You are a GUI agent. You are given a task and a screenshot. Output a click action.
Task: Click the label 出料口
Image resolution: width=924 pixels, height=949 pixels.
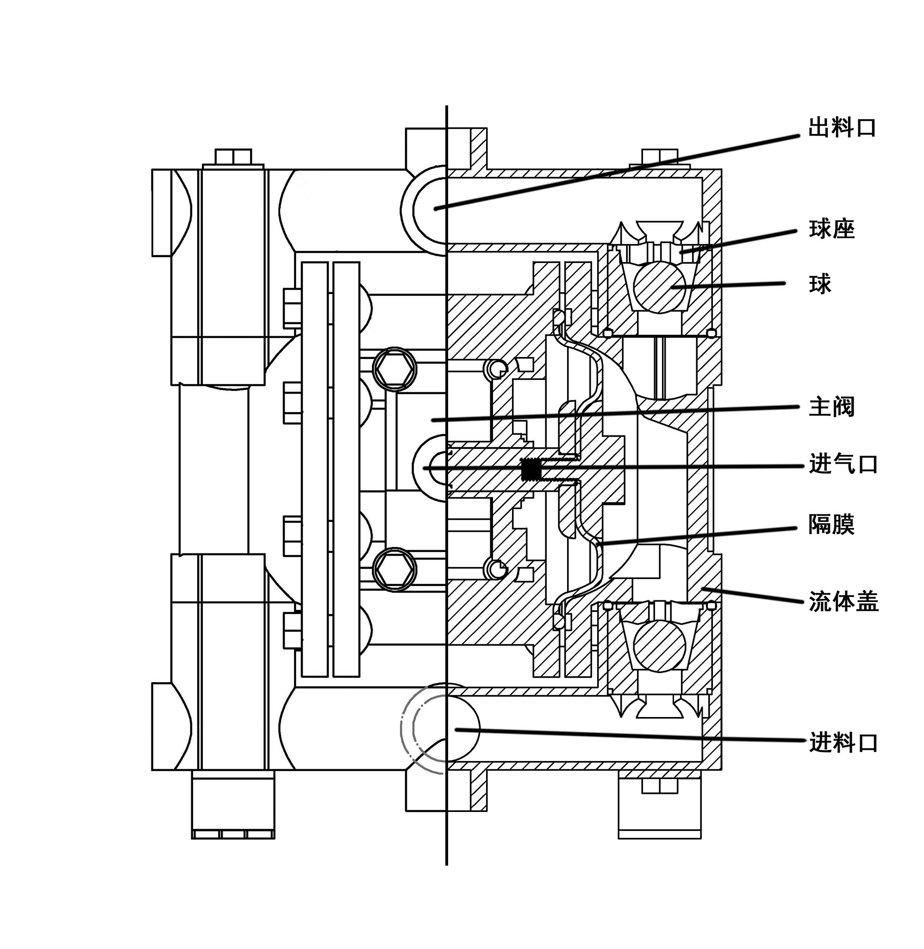[842, 128]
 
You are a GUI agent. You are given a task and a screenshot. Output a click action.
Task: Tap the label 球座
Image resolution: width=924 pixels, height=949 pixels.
[831, 229]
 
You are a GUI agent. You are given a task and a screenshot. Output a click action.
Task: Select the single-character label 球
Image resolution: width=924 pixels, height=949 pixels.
[820, 284]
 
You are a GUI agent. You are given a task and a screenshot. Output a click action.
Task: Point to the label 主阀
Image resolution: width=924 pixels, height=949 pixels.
[831, 407]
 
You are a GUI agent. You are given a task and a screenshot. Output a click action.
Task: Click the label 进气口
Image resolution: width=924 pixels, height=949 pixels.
[843, 464]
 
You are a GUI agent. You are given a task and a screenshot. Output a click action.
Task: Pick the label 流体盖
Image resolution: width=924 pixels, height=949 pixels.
[843, 603]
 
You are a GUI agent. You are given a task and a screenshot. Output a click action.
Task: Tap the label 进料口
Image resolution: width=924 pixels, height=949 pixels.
[843, 743]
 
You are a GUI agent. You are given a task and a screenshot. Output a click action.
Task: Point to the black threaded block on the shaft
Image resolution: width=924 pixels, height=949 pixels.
[531, 469]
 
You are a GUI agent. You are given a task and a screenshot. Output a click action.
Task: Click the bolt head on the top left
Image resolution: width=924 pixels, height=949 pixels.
[232, 157]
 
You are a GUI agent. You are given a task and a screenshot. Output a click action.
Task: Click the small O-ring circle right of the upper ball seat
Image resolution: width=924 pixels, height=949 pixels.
[711, 333]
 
